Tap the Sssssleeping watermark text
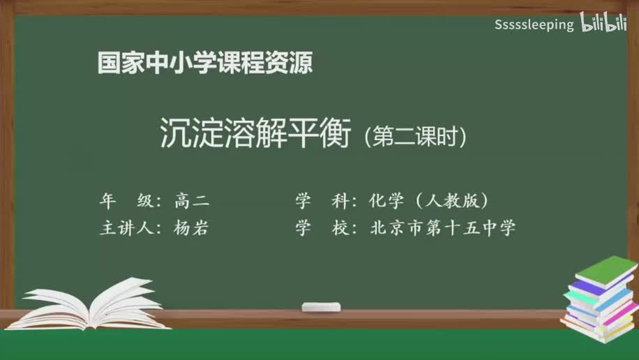point(534,25)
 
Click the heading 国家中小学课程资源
point(204,63)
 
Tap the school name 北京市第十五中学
point(443,227)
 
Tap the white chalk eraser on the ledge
point(321,306)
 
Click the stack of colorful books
point(600,300)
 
